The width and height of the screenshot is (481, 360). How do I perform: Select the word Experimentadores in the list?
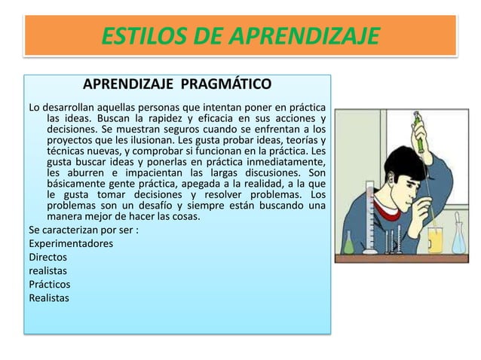[71, 243]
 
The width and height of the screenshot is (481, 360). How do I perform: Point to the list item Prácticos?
[50, 284]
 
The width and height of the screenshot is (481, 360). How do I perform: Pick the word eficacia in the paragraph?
[226, 119]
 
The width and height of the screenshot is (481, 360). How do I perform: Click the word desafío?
[192, 206]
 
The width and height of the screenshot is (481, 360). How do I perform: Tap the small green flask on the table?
[348, 243]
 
